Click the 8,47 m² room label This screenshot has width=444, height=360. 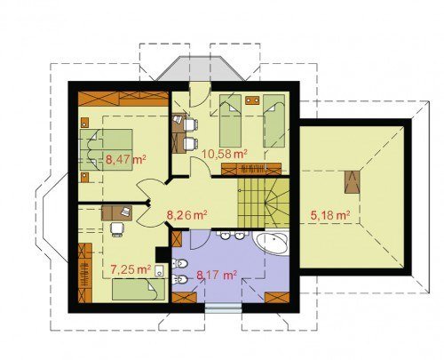126,160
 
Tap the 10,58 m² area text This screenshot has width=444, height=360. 225,154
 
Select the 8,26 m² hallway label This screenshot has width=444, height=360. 186,215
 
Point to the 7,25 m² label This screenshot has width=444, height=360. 131,269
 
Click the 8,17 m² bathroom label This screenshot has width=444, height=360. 217,276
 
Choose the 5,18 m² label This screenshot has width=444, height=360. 330,215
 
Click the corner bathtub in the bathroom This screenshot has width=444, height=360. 271,243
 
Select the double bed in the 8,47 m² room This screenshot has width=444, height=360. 107,150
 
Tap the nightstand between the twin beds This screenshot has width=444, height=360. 252,100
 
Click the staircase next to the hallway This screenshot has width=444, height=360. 263,203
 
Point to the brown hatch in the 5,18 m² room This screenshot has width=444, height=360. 352,182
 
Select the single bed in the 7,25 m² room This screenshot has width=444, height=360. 139,289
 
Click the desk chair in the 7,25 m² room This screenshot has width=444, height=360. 116,229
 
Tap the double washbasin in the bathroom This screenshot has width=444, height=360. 232,236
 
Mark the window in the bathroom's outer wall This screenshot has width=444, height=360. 224,308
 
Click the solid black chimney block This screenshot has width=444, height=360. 163,254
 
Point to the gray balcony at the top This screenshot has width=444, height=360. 201,68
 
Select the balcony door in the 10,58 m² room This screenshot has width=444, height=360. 200,94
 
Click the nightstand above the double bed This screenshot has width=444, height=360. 84,123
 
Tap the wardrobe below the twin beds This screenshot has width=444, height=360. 251,169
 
